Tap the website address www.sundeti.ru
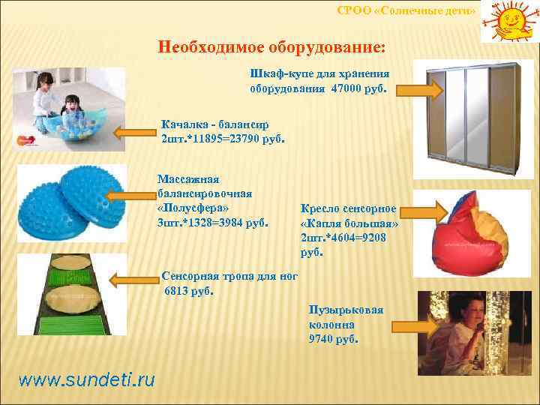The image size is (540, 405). pyautogui.click(x=86, y=379)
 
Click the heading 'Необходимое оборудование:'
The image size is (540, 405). pyautogui.click(x=271, y=46)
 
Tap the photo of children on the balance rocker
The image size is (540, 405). pyautogui.click(x=67, y=111)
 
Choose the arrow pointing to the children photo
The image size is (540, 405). pyautogui.click(x=135, y=133)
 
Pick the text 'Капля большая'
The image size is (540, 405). pyautogui.click(x=349, y=224)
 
